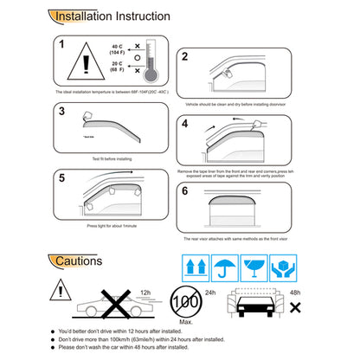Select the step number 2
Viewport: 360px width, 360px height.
pos(185,57)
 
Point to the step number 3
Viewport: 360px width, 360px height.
pos(61,111)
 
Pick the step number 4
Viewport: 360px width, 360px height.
pos(185,124)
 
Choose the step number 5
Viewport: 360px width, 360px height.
pos(61,178)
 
